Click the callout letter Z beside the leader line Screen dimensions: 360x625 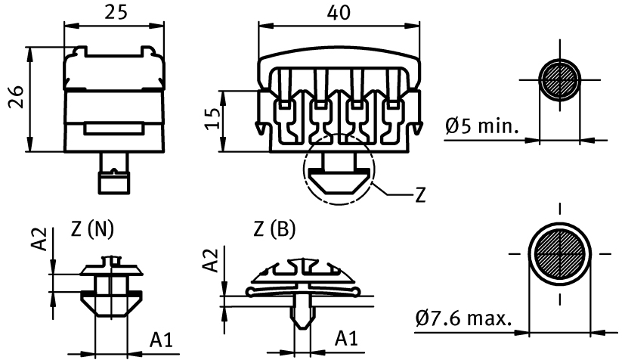coord(420,194)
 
